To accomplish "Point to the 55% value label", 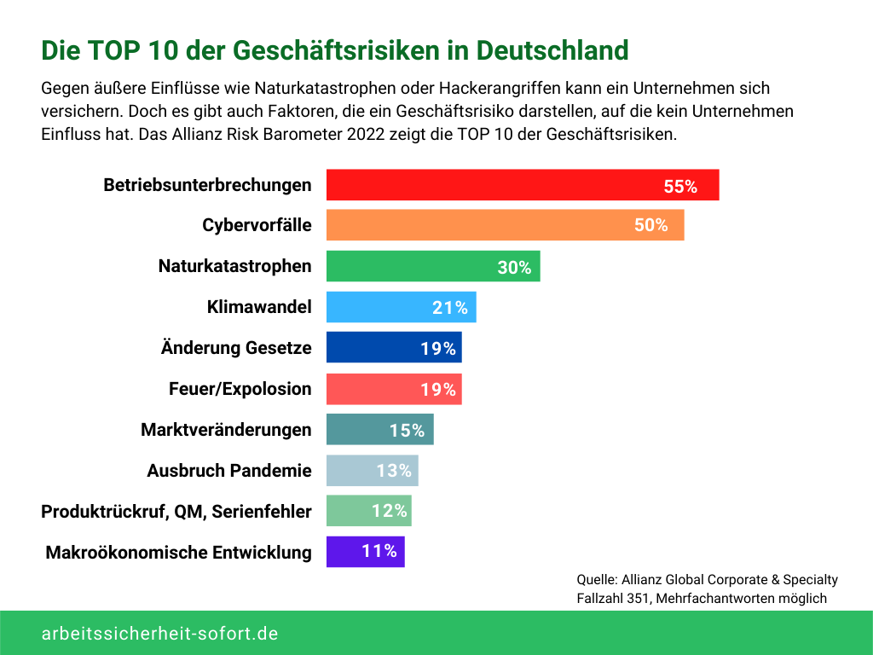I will click(x=680, y=187).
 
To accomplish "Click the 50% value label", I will click(x=651, y=226).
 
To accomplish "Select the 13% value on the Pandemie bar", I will click(x=394, y=471).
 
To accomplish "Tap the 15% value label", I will click(x=407, y=431).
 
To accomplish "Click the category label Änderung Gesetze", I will click(x=236, y=348).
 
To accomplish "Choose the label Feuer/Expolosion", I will click(x=240, y=389).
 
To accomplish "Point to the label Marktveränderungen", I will click(x=226, y=430).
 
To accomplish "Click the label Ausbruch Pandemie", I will click(x=229, y=471).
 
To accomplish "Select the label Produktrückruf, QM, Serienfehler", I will click(x=176, y=512).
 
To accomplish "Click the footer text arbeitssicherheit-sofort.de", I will click(x=159, y=634).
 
